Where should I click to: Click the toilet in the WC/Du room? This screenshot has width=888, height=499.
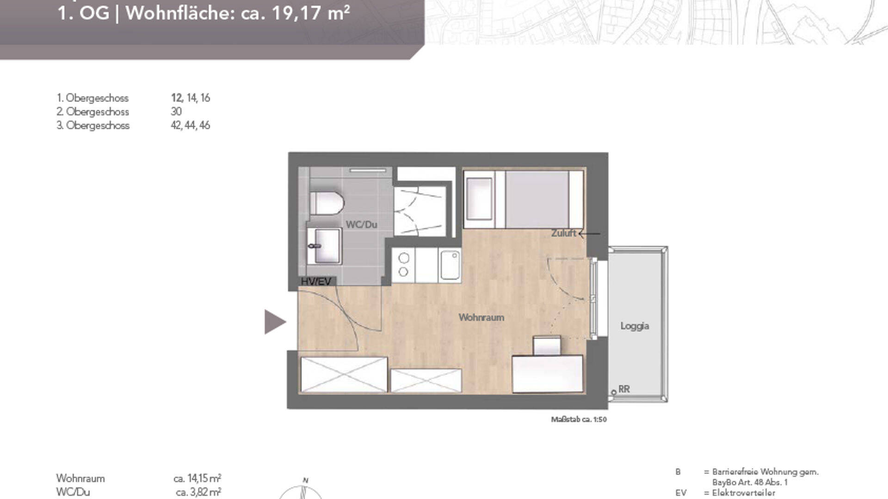[x=326, y=204]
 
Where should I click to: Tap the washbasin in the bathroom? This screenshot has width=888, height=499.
[x=324, y=246]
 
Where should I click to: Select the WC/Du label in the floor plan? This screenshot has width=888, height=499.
[x=361, y=225]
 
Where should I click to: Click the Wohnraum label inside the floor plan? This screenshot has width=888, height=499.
[x=481, y=317]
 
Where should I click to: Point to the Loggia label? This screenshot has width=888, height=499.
[x=635, y=326]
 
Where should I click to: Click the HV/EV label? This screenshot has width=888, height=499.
[x=316, y=281]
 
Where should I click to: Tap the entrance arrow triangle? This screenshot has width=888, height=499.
[x=274, y=322]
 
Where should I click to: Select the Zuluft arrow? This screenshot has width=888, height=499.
[x=589, y=234]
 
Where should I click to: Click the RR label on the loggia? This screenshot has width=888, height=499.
[x=624, y=389]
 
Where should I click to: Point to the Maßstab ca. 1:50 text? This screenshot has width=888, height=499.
[x=579, y=420]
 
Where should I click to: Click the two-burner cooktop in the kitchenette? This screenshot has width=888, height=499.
[x=403, y=265]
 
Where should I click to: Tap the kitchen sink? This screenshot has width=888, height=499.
[x=450, y=265]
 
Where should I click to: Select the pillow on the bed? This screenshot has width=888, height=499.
[x=479, y=199]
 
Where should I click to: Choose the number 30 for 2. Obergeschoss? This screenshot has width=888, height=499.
[x=176, y=111]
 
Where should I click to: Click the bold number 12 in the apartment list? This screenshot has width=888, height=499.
[x=176, y=98]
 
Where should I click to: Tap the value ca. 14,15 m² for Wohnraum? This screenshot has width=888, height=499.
[x=197, y=478]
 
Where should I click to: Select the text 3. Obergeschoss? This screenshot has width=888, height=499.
[x=93, y=125]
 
